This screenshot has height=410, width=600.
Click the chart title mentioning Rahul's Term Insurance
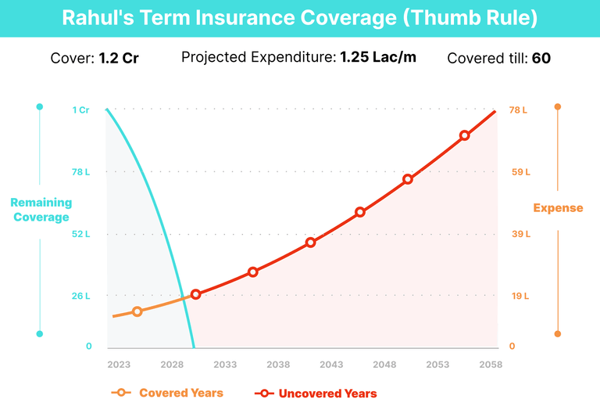pos(299,18)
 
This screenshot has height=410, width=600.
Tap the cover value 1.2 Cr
pos(119,58)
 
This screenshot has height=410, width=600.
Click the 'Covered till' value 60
pos(541,58)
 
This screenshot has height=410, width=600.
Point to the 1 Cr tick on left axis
pos(81,110)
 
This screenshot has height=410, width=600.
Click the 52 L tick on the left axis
pos(81,234)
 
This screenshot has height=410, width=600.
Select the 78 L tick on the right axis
pos(519,110)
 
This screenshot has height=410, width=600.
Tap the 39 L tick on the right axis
pos(519,234)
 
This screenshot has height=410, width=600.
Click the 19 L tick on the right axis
pos(519,297)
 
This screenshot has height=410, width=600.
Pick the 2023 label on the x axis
pos(119,365)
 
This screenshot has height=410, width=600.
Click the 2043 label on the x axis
pos(331,365)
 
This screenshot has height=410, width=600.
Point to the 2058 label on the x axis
pos(491,365)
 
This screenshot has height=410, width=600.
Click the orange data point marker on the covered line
pos(137,311)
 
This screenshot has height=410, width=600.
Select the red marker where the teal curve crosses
pos(196,294)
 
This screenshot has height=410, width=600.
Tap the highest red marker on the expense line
pos(464,135)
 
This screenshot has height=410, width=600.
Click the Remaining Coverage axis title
pos(40,210)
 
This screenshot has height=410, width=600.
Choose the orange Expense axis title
pos(558,208)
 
